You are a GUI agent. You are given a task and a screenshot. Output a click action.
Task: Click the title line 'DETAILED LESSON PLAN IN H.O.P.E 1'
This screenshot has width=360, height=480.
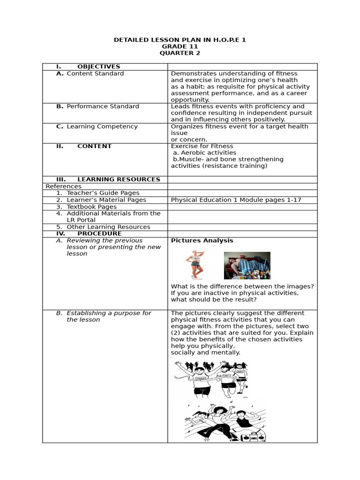[x=180, y=40]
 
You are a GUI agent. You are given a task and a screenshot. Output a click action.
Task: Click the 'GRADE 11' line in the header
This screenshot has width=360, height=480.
[x=180, y=46]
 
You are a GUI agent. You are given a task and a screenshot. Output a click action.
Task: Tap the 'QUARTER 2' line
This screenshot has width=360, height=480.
[x=180, y=53]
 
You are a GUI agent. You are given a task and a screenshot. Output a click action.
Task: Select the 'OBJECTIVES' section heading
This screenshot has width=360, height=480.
[x=98, y=67]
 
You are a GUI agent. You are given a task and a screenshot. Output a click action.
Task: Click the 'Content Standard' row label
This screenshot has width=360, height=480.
[x=95, y=74]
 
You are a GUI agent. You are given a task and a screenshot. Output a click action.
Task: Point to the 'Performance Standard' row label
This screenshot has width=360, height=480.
[x=103, y=106]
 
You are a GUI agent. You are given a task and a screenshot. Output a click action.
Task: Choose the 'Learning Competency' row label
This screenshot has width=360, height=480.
[x=102, y=127]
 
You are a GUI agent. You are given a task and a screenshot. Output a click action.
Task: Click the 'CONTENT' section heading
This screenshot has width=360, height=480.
[x=94, y=146]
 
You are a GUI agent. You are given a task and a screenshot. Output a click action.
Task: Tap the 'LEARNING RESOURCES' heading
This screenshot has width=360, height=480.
[x=119, y=180]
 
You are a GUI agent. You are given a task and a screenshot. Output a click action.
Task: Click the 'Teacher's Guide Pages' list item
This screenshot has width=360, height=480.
[x=103, y=193]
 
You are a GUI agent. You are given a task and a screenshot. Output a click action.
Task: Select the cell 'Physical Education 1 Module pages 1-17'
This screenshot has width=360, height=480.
[x=236, y=200]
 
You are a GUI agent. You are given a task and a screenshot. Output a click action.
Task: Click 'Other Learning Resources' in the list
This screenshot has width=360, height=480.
[x=108, y=227]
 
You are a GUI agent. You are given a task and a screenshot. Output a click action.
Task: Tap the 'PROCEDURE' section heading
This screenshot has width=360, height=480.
[x=99, y=233]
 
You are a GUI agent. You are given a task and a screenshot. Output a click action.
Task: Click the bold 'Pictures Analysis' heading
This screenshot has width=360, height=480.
[x=202, y=240]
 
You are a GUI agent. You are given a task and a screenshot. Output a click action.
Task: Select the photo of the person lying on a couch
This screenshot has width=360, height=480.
[x=247, y=266]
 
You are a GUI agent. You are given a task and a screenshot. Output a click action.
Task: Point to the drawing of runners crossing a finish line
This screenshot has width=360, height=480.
[x=211, y=379]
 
